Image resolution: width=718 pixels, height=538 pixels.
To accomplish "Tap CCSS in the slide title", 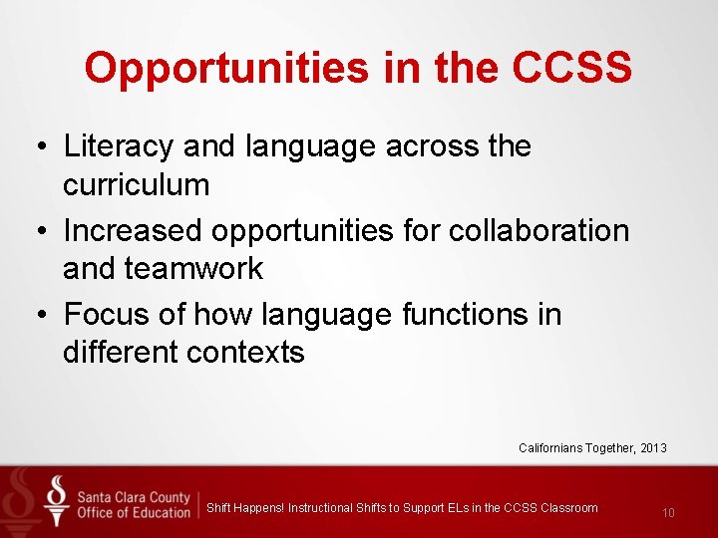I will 571,69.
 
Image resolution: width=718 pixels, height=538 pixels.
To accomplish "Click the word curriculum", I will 136,185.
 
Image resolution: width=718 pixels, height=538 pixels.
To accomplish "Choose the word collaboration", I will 539,230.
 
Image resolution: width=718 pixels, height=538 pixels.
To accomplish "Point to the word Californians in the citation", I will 548,448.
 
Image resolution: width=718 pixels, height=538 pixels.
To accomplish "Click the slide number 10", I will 668,513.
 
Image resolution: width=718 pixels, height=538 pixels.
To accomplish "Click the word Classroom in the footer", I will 569,508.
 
